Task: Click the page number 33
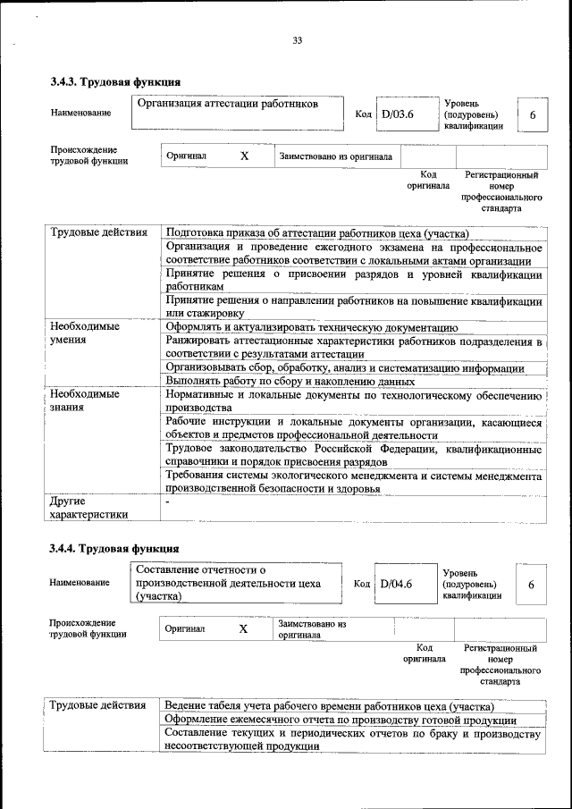[x=298, y=39]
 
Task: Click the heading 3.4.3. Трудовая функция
[x=110, y=83]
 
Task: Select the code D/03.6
[x=398, y=114]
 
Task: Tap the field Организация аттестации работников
[x=228, y=105]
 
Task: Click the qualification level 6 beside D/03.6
[x=533, y=115]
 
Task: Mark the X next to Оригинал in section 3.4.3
[x=244, y=156]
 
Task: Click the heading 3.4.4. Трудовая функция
[x=114, y=548]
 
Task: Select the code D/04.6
[x=396, y=584]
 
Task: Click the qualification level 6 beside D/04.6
[x=532, y=585]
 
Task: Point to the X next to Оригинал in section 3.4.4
[x=243, y=628]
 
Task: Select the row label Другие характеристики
[x=88, y=508]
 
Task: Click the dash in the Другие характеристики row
[x=167, y=502]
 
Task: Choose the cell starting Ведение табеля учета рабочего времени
[x=329, y=706]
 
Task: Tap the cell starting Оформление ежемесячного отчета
[x=341, y=720]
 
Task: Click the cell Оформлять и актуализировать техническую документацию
[x=312, y=327]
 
